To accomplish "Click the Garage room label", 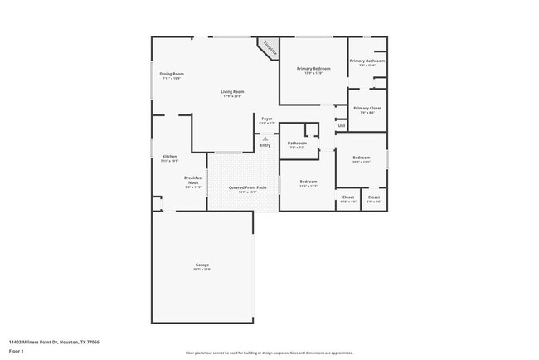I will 202,266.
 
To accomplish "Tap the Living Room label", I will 232,92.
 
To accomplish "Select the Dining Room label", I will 172,75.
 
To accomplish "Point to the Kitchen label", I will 169,158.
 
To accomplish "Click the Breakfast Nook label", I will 193,181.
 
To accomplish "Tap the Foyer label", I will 267,119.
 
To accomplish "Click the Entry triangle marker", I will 265,139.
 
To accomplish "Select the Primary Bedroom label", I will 313,69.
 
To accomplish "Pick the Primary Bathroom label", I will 367,61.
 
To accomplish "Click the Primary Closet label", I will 367,109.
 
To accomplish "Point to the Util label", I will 341,125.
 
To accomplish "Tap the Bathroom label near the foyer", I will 297,144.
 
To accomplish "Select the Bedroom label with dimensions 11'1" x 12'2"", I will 308,182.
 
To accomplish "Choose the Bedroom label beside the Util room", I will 361,158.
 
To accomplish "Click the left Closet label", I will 348,197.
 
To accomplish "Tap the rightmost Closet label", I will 374,197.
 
